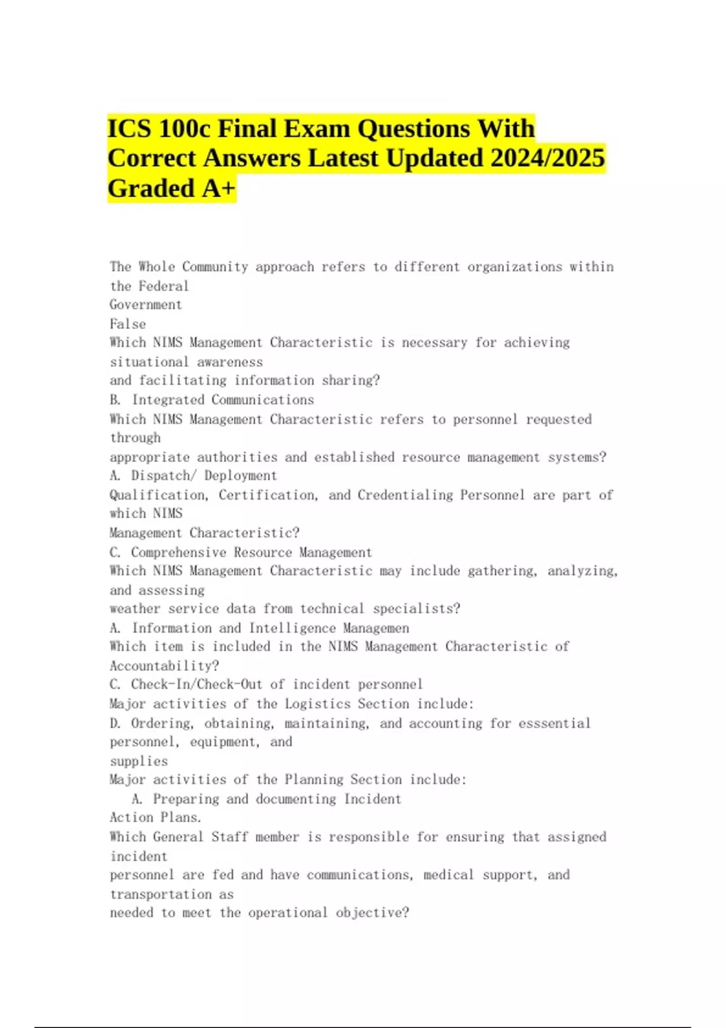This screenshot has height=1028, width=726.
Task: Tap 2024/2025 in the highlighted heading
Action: click(548, 158)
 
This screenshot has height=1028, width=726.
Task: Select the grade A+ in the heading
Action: click(218, 188)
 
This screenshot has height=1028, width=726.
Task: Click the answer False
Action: click(128, 324)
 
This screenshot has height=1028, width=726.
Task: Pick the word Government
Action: click(146, 305)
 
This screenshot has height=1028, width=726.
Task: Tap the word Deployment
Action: click(240, 475)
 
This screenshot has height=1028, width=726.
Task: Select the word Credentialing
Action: click(405, 495)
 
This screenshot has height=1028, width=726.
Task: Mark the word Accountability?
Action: click(165, 666)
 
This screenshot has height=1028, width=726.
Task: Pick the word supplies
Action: click(139, 761)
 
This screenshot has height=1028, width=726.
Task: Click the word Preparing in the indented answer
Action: click(186, 799)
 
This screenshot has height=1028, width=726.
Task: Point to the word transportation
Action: click(160, 894)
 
